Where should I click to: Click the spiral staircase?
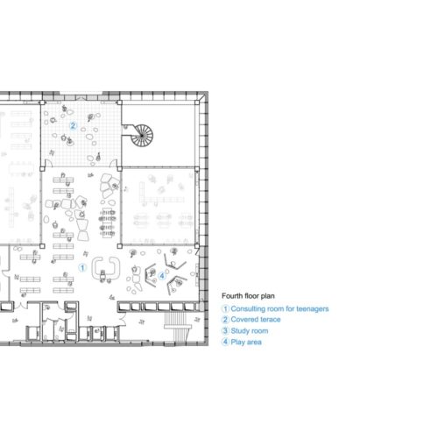pos(142,136)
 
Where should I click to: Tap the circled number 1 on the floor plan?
pos(82,267)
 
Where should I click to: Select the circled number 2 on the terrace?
pos(73,125)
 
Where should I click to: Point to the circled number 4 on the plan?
pos(162,276)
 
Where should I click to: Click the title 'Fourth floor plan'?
pos(248,296)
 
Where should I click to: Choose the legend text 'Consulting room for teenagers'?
pos(279,308)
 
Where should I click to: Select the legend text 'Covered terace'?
pos(256,320)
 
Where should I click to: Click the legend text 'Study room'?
pos(250,331)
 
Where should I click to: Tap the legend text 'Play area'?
pos(246,342)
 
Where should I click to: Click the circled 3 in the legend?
pos(225,331)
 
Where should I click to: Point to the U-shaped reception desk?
pos(106,268)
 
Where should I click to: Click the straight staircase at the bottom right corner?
pos(175,327)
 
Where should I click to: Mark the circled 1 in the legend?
pos(225,308)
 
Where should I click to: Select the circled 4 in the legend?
pos(225,342)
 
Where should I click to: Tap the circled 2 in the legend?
pos(225,320)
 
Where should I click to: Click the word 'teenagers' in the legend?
pos(313,309)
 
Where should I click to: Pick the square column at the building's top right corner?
pos(197,102)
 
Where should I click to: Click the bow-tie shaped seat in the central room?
pos(83,230)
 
